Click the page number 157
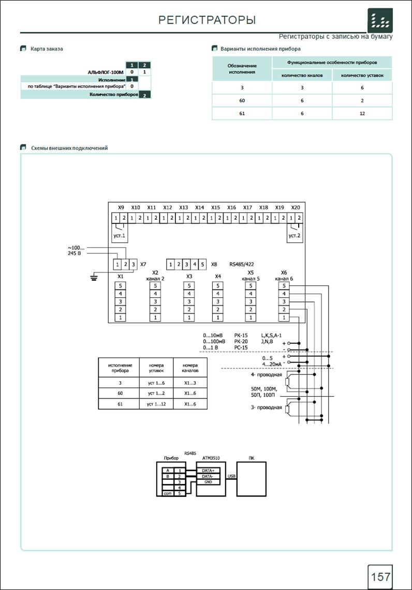coord(381,577)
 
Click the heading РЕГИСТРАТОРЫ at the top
coord(207,20)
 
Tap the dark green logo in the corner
coord(380,20)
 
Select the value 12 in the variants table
coord(362,113)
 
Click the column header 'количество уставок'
coord(362,75)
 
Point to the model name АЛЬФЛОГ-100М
coord(106,72)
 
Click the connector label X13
coord(183,207)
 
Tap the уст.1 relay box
coord(120,233)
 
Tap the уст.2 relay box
coord(294,233)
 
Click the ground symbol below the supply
coord(94,278)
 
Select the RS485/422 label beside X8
coord(241,264)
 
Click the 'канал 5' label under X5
coord(251,279)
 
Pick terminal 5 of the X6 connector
coord(284,286)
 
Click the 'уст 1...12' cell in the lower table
coord(156,404)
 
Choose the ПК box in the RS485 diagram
coord(252,479)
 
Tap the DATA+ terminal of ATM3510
coord(208,471)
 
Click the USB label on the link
coord(231,476)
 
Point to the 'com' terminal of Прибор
coord(168,493)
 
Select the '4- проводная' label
coord(266,375)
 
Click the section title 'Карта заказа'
coord(47,49)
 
